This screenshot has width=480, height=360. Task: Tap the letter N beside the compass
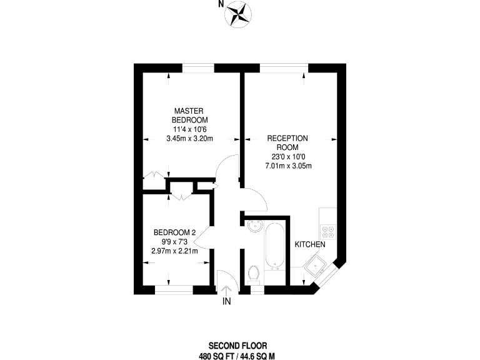(x=221, y=4)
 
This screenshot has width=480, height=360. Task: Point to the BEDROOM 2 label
(x=174, y=233)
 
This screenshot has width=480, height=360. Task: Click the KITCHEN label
(x=309, y=244)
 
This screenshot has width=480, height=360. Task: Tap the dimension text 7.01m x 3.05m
(x=288, y=166)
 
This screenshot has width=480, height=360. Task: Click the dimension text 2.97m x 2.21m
(x=174, y=251)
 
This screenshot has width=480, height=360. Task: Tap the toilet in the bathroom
(x=254, y=274)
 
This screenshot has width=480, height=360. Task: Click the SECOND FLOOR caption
(x=237, y=345)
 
